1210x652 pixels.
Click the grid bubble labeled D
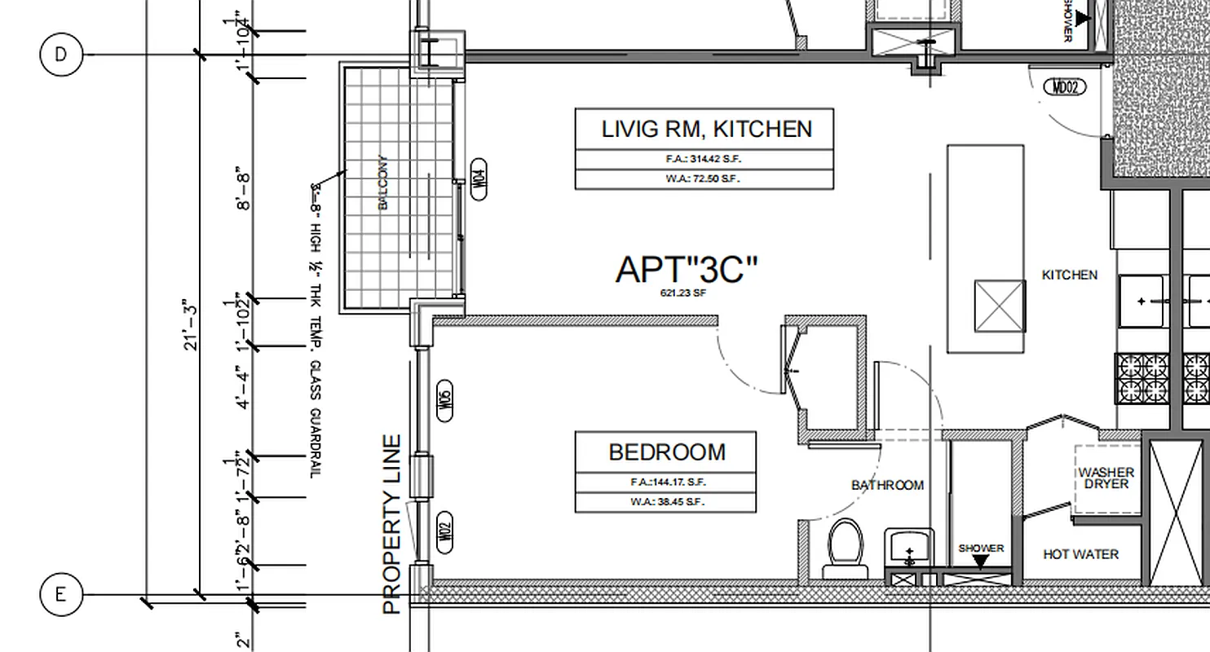point(60,55)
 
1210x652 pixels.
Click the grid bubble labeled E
point(60,595)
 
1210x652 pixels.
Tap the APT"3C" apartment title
point(687,270)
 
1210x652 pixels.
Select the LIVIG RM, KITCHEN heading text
point(706,129)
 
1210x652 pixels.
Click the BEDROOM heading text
point(666,452)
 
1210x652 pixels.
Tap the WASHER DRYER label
point(1106,478)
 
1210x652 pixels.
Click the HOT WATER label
point(1080,554)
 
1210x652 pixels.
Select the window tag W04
point(479,178)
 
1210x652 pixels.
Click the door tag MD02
point(1065,86)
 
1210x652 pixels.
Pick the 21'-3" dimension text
point(191,324)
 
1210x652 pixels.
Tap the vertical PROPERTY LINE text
point(392,524)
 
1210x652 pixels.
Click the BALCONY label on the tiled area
point(383,183)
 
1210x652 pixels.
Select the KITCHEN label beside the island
point(1069,275)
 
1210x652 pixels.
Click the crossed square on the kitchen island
point(1000,306)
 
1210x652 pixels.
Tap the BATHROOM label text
point(887,486)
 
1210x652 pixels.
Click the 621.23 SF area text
point(682,293)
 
